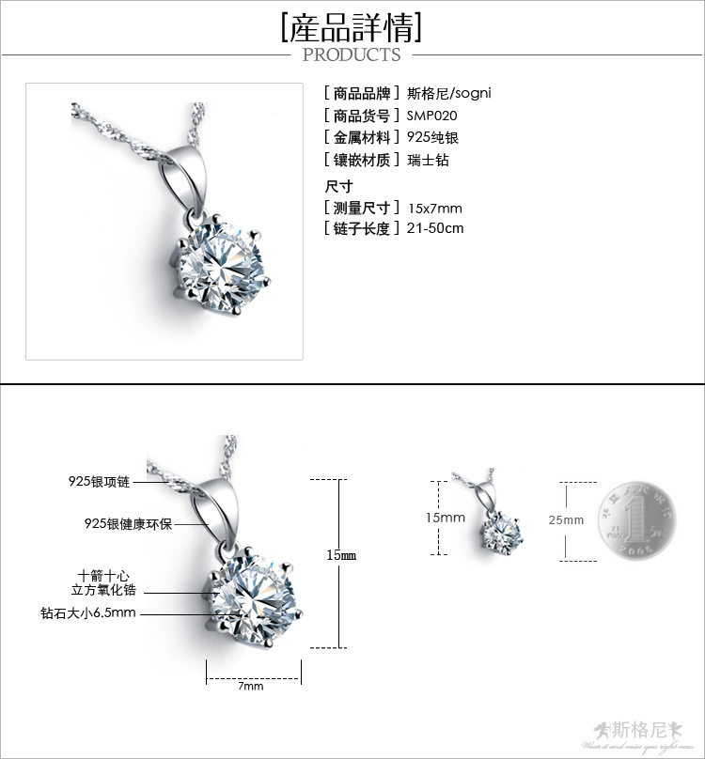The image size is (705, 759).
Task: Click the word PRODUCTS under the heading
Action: pyautogui.click(x=352, y=54)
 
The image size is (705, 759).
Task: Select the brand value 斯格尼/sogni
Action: pyautogui.click(x=449, y=93)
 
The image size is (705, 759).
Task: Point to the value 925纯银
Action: pyautogui.click(x=433, y=138)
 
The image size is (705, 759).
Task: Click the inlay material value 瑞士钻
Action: pyautogui.click(x=429, y=161)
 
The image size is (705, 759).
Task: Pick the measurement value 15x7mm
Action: pyautogui.click(x=435, y=208)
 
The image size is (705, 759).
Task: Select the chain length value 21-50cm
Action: pyautogui.click(x=436, y=228)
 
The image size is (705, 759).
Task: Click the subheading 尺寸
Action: pyautogui.click(x=338, y=186)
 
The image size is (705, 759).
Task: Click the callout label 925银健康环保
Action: pyautogui.click(x=128, y=523)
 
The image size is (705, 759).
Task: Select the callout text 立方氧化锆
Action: pyautogui.click(x=104, y=590)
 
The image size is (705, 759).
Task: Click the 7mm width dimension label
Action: pyautogui.click(x=251, y=686)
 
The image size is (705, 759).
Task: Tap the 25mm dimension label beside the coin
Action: pyautogui.click(x=568, y=519)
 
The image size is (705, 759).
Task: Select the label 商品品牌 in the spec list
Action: pyautogui.click(x=362, y=93)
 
